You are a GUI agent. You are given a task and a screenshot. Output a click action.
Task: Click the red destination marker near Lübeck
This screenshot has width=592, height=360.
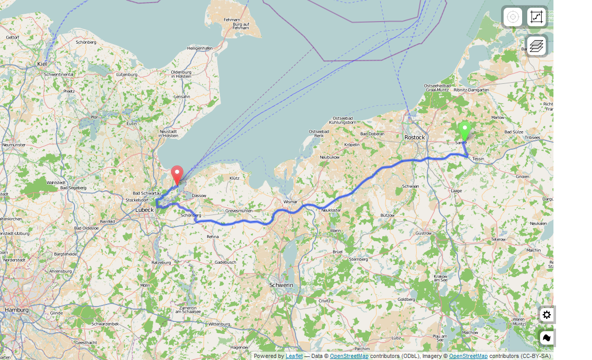(x=177, y=174)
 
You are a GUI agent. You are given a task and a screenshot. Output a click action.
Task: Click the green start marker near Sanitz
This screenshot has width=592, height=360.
(x=465, y=130)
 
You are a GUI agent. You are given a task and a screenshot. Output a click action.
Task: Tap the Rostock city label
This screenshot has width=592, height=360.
(x=415, y=137)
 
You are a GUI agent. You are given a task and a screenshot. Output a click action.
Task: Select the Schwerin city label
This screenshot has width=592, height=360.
(x=281, y=285)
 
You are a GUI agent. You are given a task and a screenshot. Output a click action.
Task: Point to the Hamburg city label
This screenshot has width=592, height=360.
(x=16, y=310)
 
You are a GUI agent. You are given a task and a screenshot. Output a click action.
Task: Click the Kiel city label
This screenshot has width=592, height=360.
(x=42, y=64)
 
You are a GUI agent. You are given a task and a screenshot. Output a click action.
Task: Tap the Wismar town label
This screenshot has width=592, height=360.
(x=290, y=202)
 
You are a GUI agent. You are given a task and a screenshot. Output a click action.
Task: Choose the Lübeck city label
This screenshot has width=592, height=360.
(x=144, y=210)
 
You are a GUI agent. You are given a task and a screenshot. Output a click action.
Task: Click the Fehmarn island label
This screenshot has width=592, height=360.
(x=232, y=20)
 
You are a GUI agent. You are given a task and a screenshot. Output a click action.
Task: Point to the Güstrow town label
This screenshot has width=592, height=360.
(x=423, y=233)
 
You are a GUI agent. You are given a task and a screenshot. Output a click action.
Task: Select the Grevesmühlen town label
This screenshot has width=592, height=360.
(x=239, y=211)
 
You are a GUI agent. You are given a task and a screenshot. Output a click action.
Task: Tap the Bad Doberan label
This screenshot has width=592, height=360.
(x=372, y=134)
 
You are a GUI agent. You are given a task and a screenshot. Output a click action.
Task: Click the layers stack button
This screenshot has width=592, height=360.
(x=536, y=46)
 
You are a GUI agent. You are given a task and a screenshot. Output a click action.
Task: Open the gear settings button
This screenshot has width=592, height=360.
(x=547, y=315)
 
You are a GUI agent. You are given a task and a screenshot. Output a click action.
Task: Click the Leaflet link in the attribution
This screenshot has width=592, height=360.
(x=294, y=356)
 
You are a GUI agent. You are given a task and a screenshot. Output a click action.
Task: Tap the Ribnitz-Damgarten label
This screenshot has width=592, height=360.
(x=471, y=89)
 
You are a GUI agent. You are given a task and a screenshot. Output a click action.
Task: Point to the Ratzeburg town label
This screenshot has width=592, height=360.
(x=161, y=262)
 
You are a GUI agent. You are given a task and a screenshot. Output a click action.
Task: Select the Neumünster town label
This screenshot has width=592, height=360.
(x=13, y=145)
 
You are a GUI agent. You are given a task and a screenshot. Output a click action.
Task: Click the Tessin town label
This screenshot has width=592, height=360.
(x=478, y=159)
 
